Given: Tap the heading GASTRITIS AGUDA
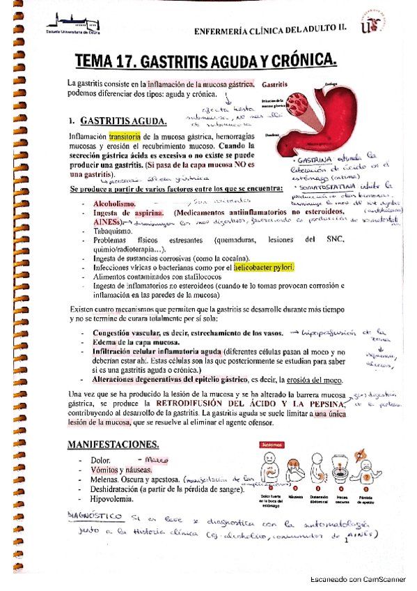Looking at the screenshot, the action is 122,120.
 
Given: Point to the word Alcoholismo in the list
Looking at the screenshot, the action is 114,202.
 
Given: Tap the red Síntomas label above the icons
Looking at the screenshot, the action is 271,443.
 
